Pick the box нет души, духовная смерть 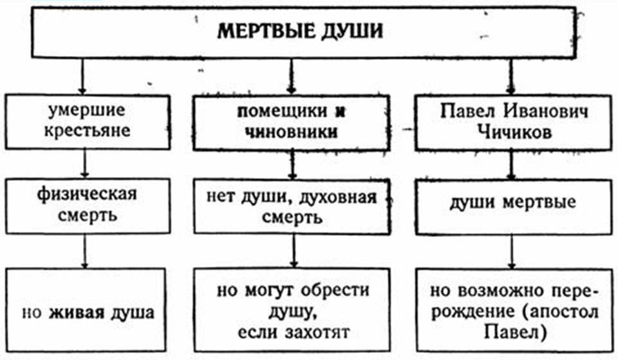click(291, 206)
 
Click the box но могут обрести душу click(291, 312)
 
